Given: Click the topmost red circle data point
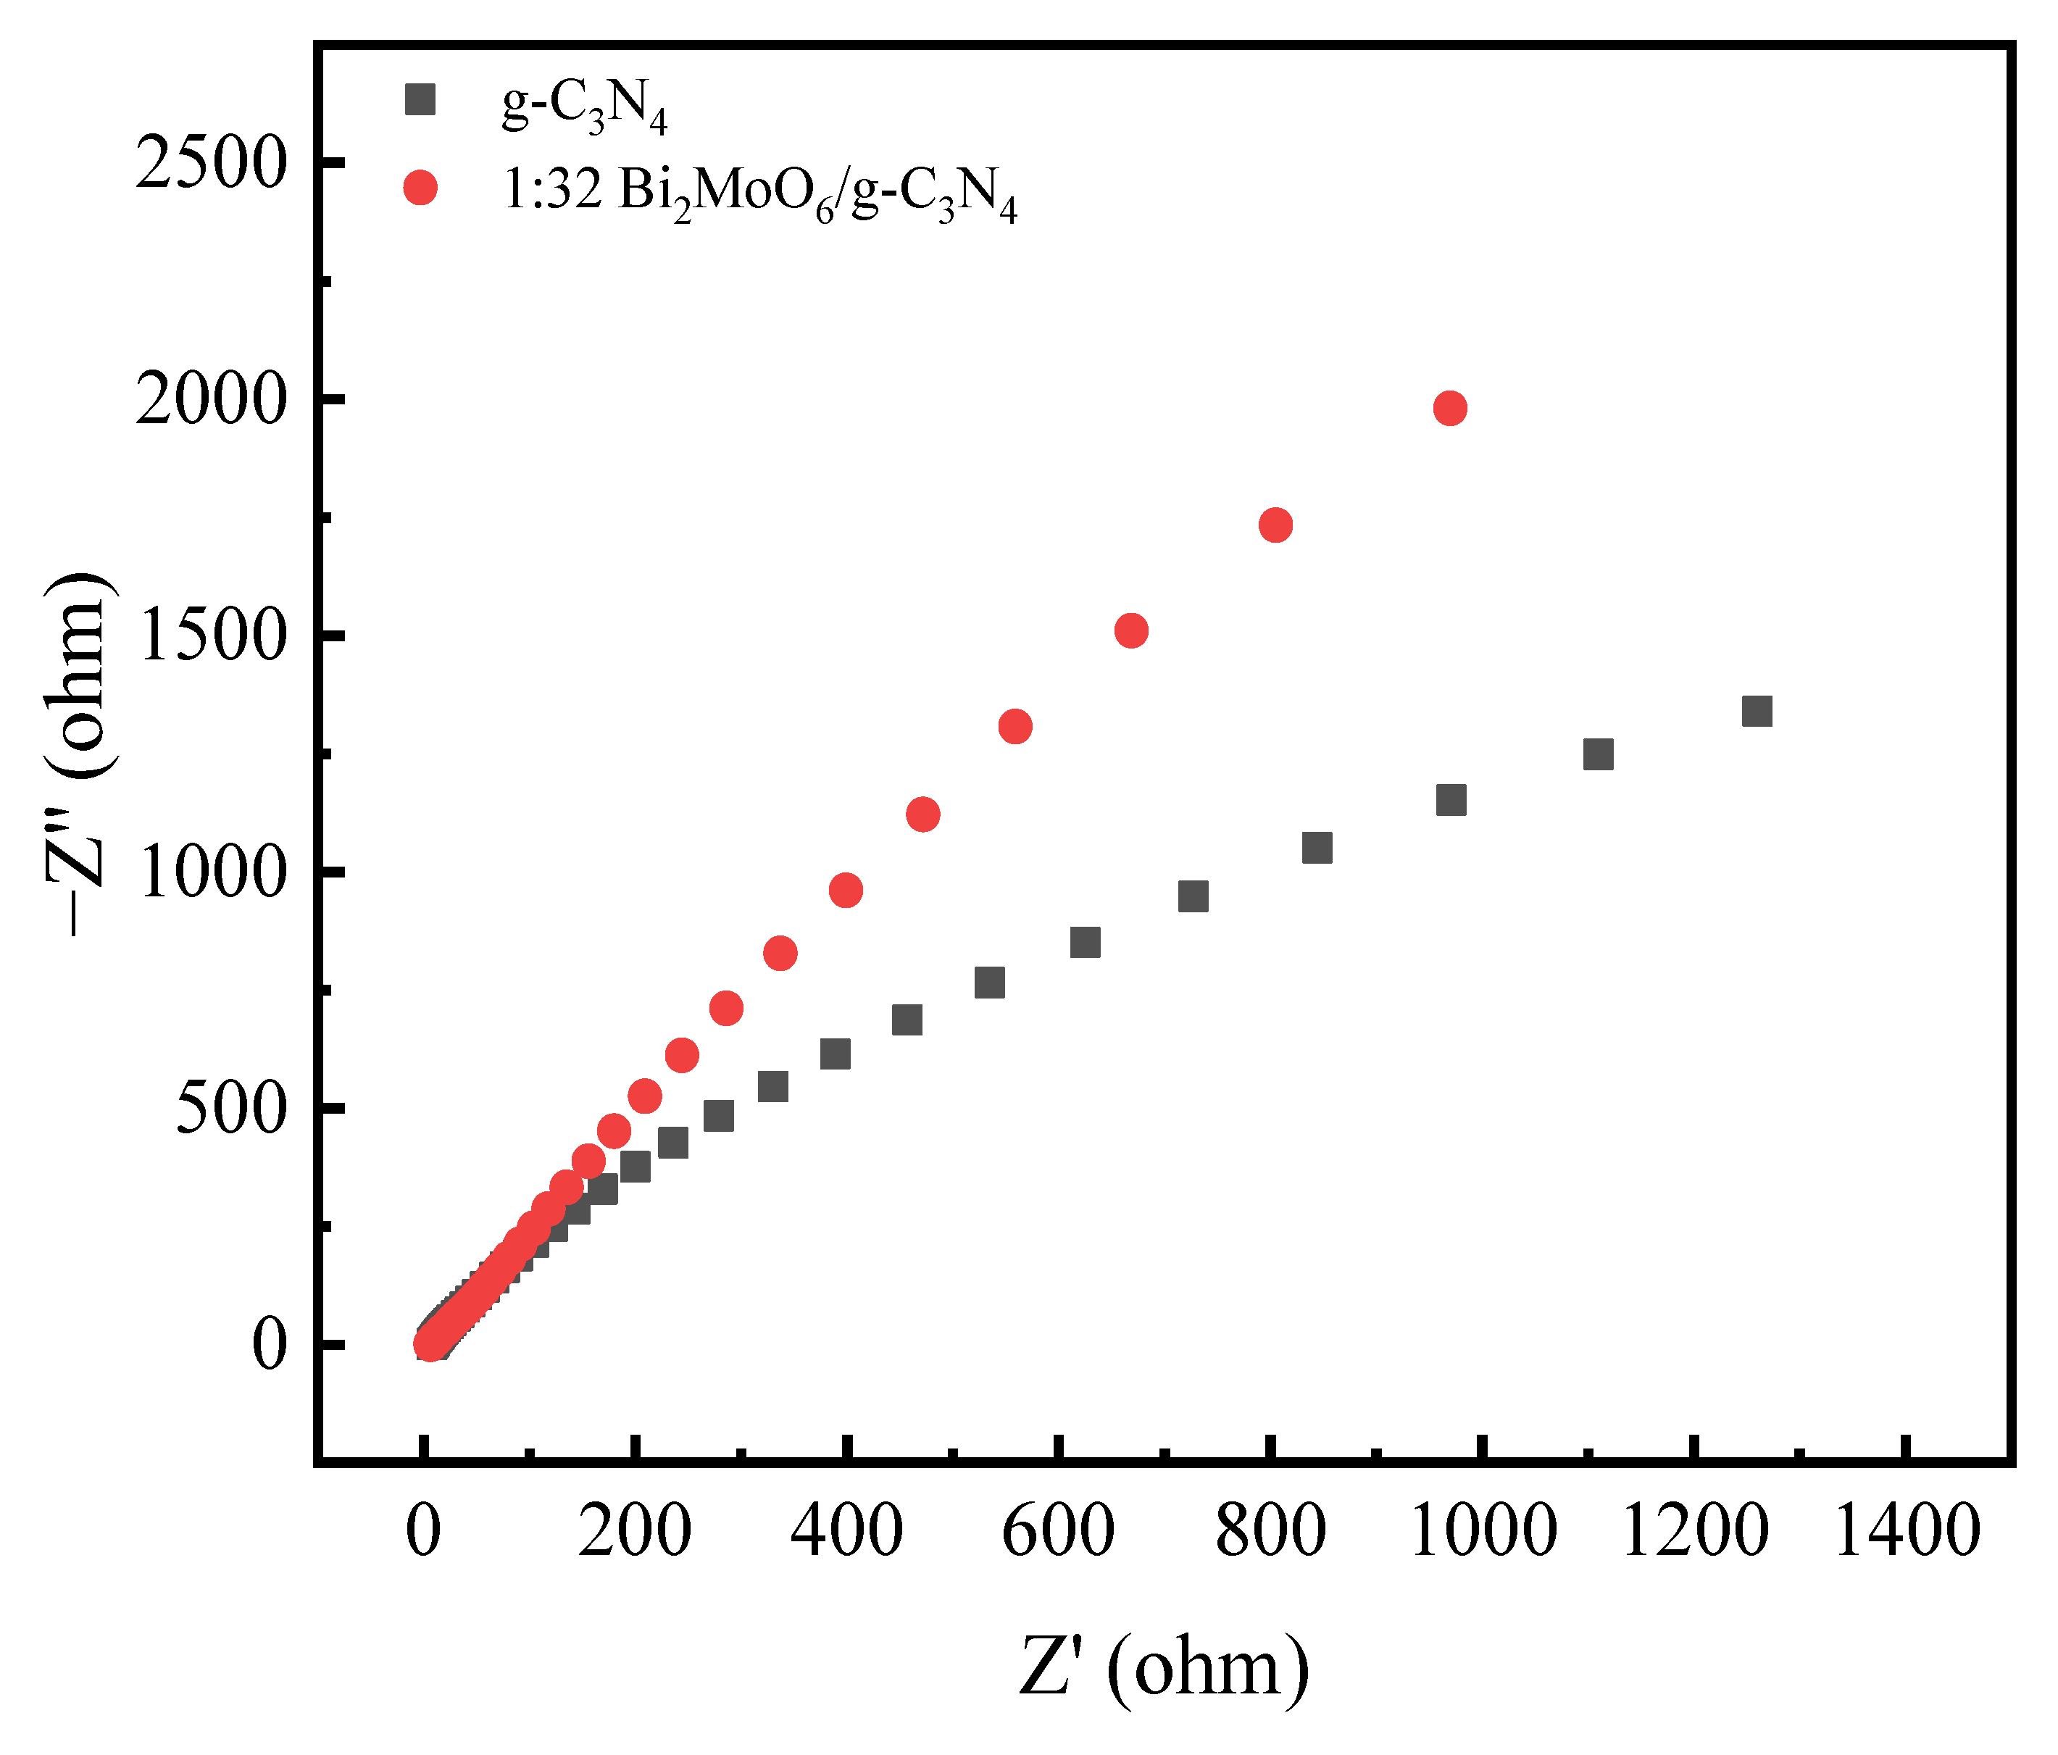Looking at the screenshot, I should [1449, 408].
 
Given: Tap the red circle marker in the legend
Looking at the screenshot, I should [420, 188].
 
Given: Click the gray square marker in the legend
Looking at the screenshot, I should [420, 100].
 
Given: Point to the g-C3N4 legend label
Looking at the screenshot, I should [584, 105].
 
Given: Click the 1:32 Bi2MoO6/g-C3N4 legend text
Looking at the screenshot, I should [760, 192].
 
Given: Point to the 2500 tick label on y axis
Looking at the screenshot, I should [211, 163].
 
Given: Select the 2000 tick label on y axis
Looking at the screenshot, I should [211, 400].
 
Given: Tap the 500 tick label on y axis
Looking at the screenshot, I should [231, 1109].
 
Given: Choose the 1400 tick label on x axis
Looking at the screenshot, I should [1906, 1530].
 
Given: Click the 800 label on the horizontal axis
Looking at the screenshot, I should [1270, 1530].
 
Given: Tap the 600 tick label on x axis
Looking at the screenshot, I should [1058, 1530].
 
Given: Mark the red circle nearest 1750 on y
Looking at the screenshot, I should [1275, 525].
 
